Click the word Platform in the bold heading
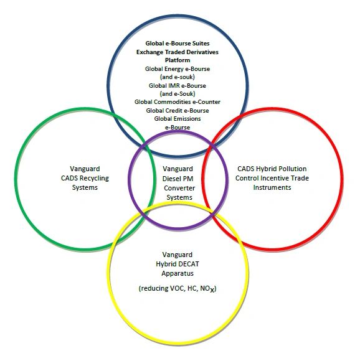coord(178,60)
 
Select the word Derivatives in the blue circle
coord(202,52)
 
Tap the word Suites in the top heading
coord(201,44)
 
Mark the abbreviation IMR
coord(174,86)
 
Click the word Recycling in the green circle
coord(95,178)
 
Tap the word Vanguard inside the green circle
coord(85,169)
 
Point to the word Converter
coord(179,188)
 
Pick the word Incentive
coord(276,178)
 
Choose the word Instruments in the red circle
coord(272,187)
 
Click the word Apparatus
coord(178,273)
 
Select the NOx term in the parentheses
coord(207,288)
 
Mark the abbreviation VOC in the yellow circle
coord(178,288)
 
